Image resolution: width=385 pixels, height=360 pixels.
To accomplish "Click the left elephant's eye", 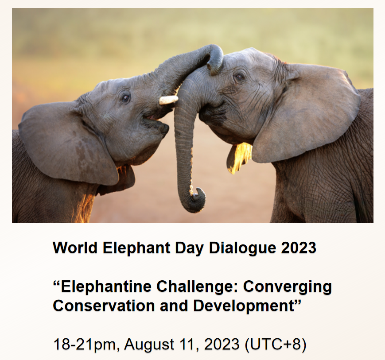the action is tap(125, 98).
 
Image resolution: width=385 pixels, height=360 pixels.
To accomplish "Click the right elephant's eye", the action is tap(239, 77).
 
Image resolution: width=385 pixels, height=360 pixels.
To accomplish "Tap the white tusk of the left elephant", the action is tap(168, 100).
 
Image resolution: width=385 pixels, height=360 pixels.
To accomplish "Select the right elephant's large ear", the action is tap(307, 113).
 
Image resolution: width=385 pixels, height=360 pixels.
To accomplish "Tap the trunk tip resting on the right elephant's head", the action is tap(215, 65).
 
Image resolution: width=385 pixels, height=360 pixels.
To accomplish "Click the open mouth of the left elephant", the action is tap(152, 119).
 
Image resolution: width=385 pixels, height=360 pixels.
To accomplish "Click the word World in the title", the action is tap(75, 248).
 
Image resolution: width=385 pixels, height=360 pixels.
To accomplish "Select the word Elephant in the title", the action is tap(136, 248).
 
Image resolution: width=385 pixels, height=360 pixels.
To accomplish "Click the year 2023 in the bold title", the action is tap(299, 248).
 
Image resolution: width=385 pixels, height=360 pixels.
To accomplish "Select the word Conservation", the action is tap(104, 306).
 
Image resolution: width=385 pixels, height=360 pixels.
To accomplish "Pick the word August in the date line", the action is tap(149, 345).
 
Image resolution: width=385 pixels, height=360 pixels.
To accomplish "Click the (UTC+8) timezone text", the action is tap(276, 344).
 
